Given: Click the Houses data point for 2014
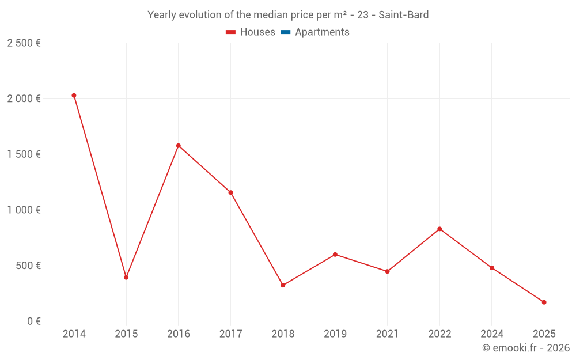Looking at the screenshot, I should click(74, 96).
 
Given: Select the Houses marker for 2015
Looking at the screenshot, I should click(126, 278).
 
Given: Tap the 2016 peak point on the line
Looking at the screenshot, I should click(179, 146).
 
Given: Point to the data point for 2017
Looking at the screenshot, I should click(230, 192).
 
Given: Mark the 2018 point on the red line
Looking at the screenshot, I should click(283, 285).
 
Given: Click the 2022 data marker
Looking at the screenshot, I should click(439, 229).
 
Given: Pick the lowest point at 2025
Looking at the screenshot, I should click(544, 302).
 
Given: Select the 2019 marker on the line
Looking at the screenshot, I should click(335, 255).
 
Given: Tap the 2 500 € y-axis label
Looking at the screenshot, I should click(24, 43).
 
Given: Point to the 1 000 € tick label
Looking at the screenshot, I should click(24, 210).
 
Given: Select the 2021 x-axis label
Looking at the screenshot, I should click(387, 334).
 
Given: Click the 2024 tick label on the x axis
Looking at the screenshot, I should click(492, 334).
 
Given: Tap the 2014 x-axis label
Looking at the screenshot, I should click(74, 334).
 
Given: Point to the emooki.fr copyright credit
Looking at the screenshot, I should click(525, 348).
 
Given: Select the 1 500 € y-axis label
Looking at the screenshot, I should click(24, 154).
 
